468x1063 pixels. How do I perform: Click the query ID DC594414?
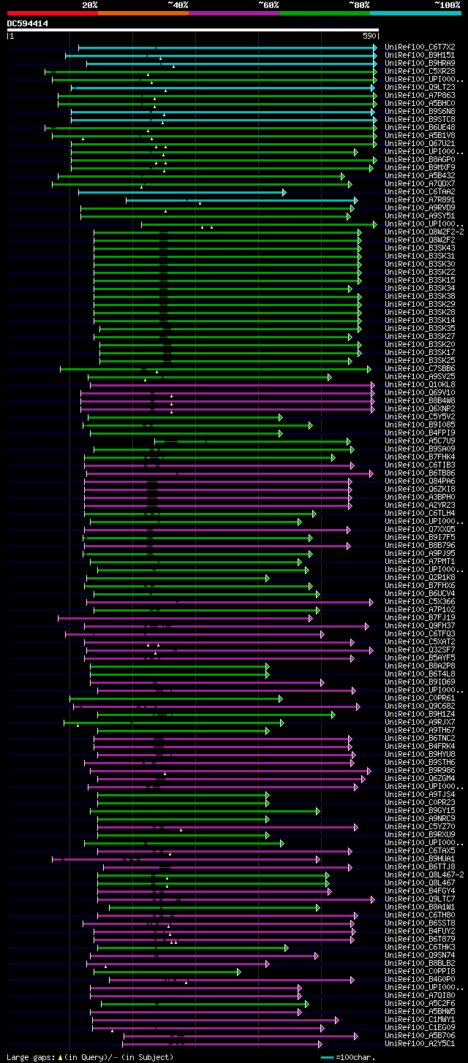(28, 23)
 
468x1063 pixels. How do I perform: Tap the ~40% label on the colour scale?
(178, 5)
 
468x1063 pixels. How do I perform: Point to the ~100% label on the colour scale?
(448, 5)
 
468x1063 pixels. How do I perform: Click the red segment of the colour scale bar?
(52, 13)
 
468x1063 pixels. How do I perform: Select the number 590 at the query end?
(369, 36)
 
